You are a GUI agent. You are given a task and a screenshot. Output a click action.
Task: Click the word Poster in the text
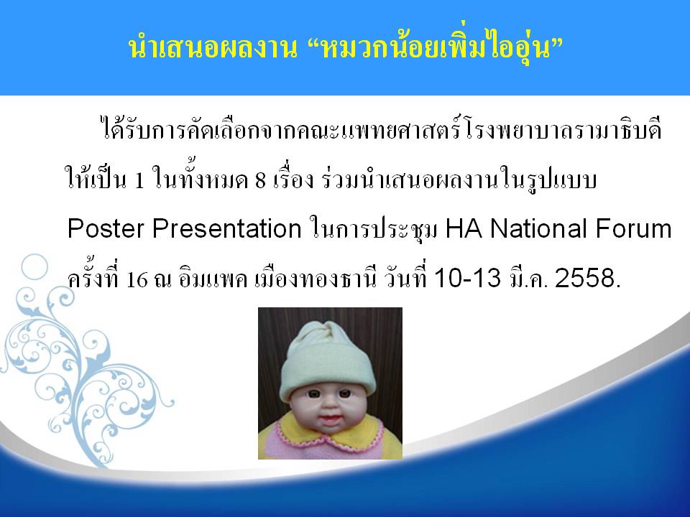(106, 228)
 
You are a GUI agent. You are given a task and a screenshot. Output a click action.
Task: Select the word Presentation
(226, 228)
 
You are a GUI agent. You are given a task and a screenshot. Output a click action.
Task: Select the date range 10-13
(467, 278)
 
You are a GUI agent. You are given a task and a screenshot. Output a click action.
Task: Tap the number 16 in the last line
(137, 279)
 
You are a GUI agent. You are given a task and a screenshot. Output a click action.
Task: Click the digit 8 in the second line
(260, 180)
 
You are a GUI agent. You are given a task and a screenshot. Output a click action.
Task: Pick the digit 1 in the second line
(139, 180)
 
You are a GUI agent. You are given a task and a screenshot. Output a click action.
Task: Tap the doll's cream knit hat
(328, 359)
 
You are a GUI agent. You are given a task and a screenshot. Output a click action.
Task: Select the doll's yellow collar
(330, 430)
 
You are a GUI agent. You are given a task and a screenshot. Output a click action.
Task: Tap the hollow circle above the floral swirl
(34, 267)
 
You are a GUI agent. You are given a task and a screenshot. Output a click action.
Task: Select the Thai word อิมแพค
(213, 279)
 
